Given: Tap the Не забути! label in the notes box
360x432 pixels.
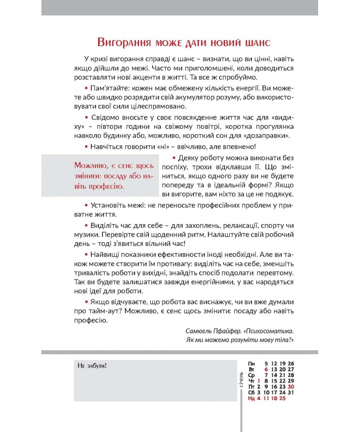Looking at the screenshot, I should [92, 365].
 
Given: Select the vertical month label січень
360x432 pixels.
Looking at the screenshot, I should [242, 379].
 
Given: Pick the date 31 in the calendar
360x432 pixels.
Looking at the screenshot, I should [291, 392].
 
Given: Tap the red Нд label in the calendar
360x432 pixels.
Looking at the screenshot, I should [251, 398].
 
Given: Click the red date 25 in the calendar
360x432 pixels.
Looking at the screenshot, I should [283, 398].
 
